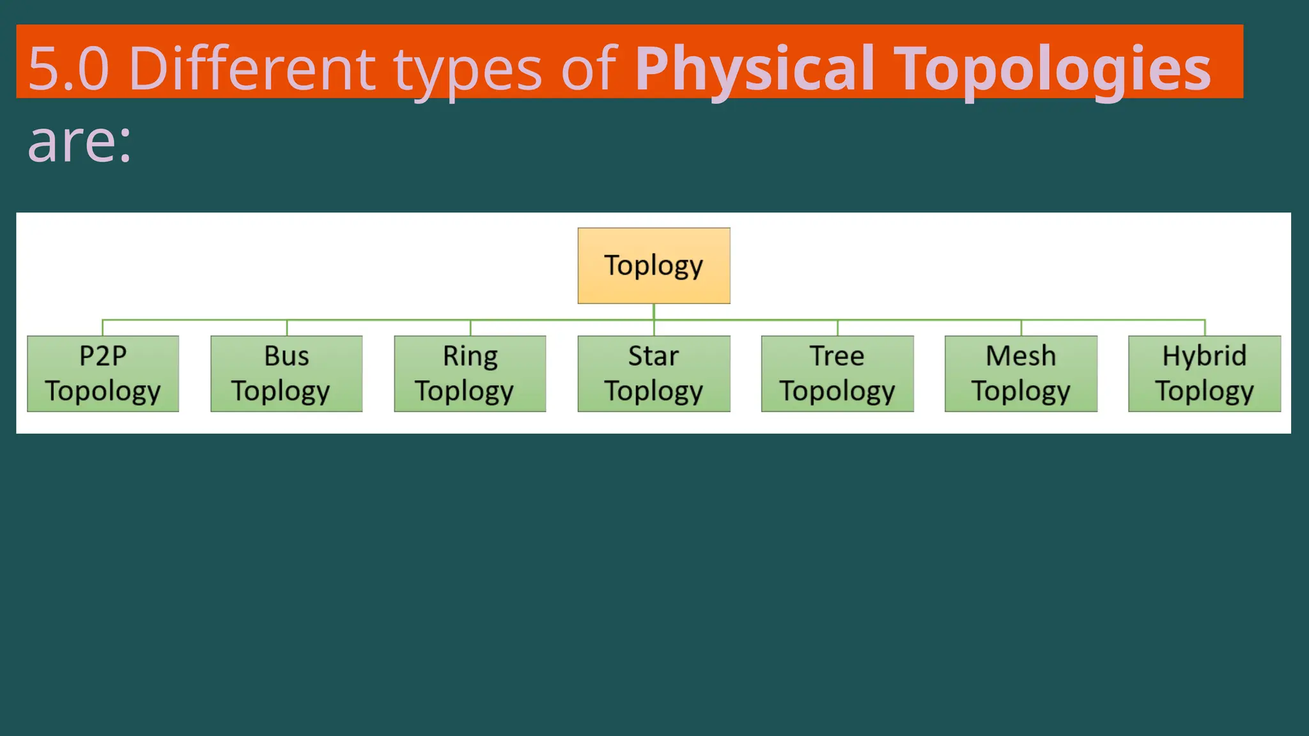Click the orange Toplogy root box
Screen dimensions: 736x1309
click(654, 265)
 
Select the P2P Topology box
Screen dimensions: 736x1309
click(103, 374)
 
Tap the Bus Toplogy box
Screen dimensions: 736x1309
click(286, 374)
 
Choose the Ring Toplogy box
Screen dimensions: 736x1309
click(470, 374)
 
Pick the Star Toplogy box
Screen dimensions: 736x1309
click(654, 374)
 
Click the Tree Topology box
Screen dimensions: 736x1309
click(837, 374)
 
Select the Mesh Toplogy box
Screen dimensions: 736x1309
click(1021, 374)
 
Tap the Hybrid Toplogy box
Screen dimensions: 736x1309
click(1204, 374)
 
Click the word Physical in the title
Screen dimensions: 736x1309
click(754, 69)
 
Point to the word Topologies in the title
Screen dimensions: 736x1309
click(1052, 69)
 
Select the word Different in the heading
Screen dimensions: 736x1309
click(252, 69)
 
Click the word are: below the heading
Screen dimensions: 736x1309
click(79, 142)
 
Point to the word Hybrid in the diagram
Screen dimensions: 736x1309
click(1204, 356)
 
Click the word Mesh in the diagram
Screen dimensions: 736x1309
click(1021, 356)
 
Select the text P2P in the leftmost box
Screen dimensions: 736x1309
click(103, 356)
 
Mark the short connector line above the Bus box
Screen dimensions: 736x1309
click(287, 328)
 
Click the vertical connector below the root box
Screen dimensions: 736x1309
click(654, 312)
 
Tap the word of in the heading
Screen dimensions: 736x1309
click(589, 69)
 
